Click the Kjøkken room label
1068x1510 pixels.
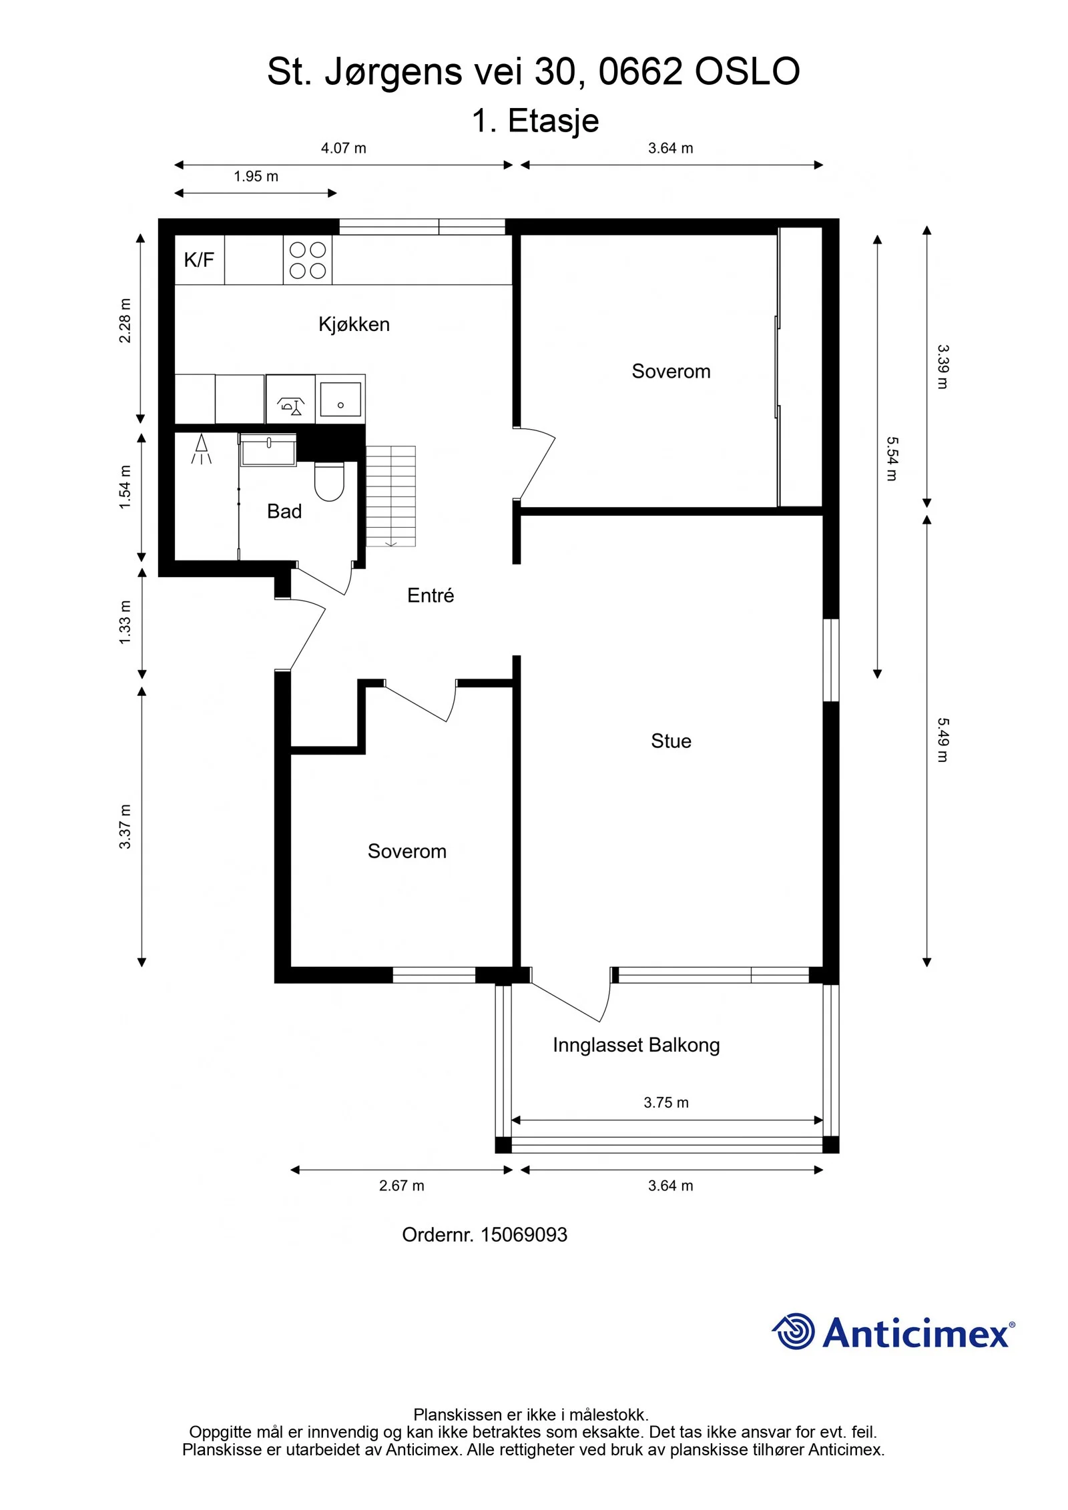click(354, 324)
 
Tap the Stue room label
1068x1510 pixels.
click(671, 741)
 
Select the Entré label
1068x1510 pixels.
click(431, 595)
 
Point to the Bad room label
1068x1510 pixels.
click(284, 511)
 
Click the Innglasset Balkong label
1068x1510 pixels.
click(636, 1045)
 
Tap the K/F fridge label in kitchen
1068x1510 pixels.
click(199, 260)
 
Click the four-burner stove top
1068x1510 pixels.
click(308, 260)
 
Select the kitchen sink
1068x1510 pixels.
click(340, 399)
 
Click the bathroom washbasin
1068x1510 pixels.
click(268, 450)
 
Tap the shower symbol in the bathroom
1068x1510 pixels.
click(202, 449)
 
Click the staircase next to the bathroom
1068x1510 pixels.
click(391, 496)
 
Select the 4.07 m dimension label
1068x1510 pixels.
click(344, 148)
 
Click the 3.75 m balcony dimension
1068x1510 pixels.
click(666, 1102)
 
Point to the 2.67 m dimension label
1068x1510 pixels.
click(402, 1186)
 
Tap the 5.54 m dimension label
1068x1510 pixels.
click(892, 459)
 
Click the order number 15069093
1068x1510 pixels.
click(524, 1234)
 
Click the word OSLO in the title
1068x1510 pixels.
click(747, 71)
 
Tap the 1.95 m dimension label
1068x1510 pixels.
click(256, 176)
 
